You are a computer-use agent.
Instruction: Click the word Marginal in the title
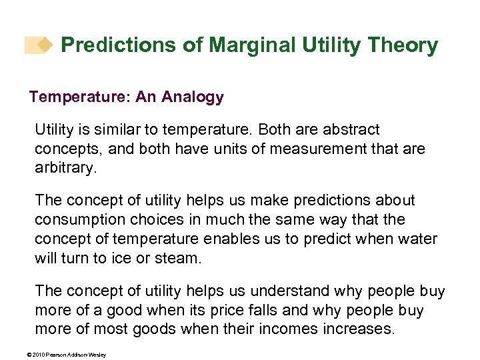pyautogui.click(x=249, y=45)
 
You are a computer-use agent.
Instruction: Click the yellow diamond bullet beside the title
pyautogui.click(x=45, y=45)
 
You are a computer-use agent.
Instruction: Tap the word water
pyautogui.click(x=419, y=238)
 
